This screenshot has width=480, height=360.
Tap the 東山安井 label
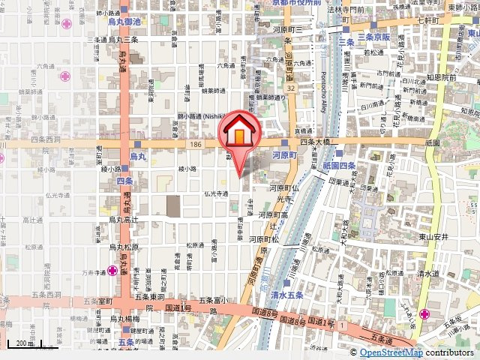pyautogui.click(x=433, y=236)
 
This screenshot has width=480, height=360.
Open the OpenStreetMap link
pyautogui.click(x=391, y=352)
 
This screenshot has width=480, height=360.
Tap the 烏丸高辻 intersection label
pyautogui.click(x=124, y=220)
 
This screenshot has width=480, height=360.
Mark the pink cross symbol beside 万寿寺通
pyautogui.click(x=112, y=270)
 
